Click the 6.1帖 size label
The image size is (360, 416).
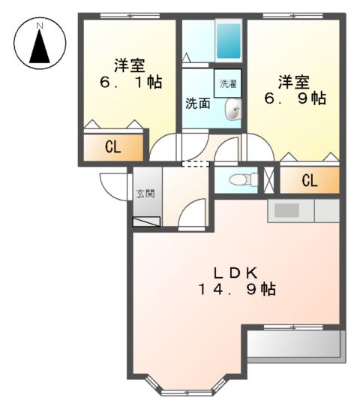[x=129, y=83]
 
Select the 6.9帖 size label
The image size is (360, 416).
[x=293, y=98]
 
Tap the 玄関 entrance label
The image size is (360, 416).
[x=145, y=193]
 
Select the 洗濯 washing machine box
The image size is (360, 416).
[x=229, y=85]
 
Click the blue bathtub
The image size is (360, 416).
[x=228, y=40]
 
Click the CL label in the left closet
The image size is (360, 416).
[x=112, y=147]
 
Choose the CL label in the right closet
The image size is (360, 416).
[x=309, y=180]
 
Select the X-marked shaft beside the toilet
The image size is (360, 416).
[x=269, y=179]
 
